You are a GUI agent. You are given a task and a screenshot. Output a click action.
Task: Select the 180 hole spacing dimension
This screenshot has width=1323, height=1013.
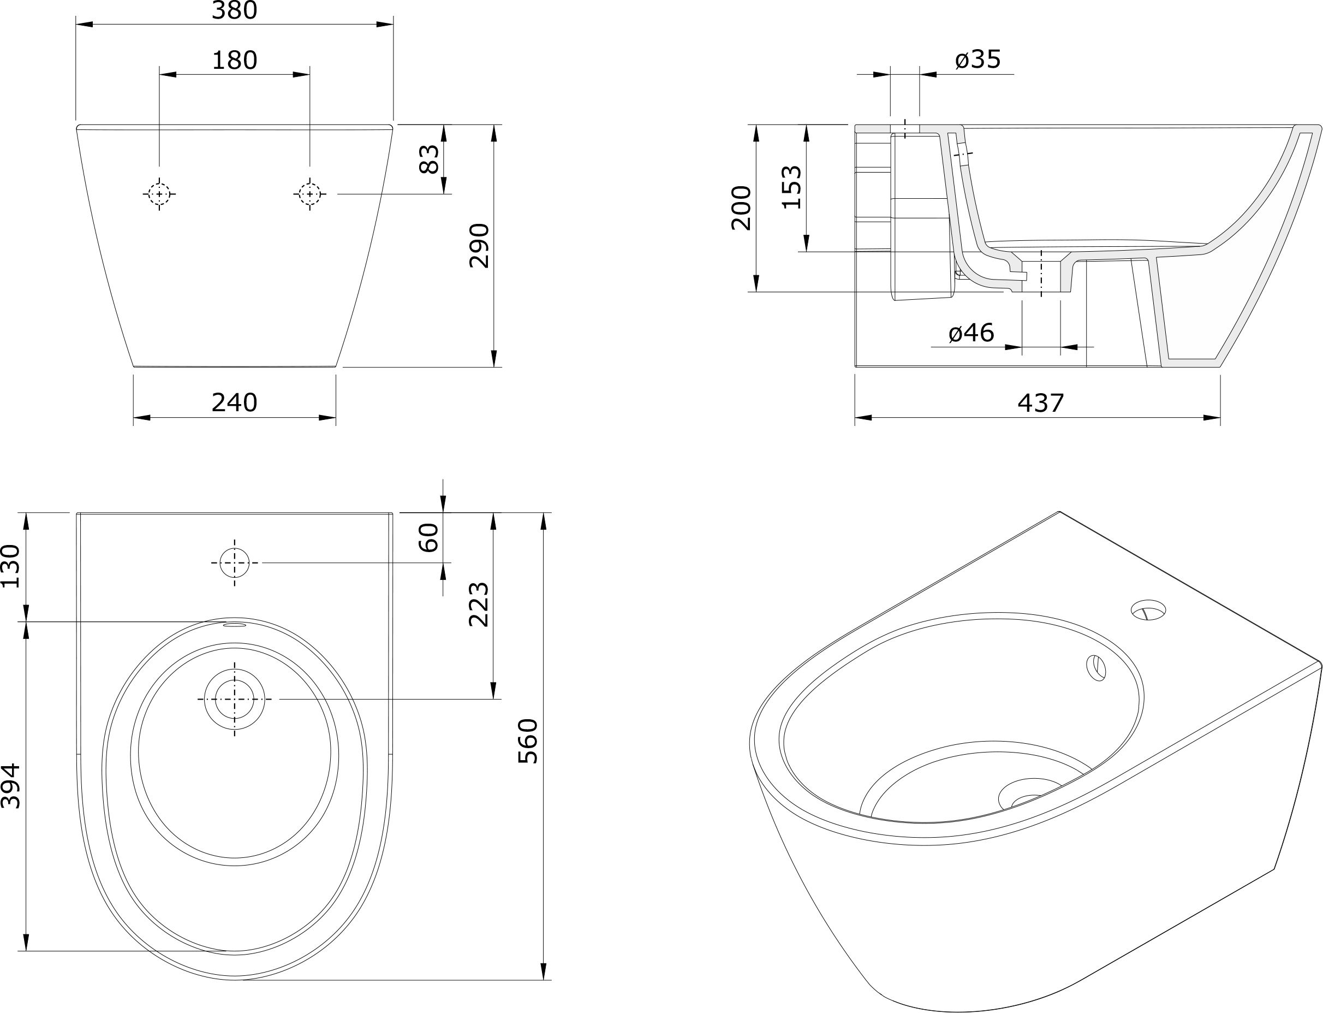point(235,60)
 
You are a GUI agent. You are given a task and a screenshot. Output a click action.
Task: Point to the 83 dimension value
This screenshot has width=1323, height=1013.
point(429,159)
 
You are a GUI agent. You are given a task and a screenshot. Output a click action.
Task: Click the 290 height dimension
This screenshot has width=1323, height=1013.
point(480,245)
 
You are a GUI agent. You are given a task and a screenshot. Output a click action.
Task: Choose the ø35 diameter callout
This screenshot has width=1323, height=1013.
point(978,59)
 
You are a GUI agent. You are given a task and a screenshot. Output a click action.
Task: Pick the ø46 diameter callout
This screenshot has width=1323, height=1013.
point(971,333)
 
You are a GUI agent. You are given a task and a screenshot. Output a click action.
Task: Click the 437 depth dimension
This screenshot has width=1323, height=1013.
point(1041,403)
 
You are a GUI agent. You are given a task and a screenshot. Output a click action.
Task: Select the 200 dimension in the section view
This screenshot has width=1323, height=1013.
point(741,208)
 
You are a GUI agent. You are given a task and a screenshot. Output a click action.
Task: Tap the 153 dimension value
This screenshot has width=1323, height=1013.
point(792,187)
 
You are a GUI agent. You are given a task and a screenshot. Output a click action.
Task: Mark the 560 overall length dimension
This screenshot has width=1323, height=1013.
point(528,741)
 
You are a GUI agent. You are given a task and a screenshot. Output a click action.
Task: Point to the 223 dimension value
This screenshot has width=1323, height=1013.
point(479,605)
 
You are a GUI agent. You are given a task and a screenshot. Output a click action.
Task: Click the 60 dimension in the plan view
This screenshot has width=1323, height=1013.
point(429,538)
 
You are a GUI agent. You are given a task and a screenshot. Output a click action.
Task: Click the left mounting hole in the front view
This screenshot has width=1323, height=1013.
point(159,194)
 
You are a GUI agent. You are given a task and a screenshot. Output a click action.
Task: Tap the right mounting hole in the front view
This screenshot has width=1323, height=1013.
point(310,194)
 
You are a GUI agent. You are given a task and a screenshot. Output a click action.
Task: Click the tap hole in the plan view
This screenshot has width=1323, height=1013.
point(235,562)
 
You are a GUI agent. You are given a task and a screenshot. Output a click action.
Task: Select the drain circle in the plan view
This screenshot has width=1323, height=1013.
point(235,699)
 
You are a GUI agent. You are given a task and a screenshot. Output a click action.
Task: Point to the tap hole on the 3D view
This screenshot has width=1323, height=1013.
point(1148,609)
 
